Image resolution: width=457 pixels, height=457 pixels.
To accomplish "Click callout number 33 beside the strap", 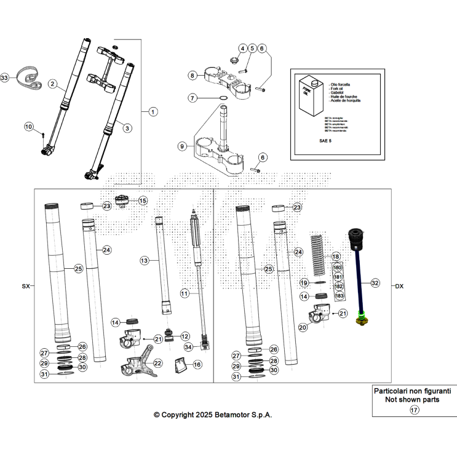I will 5,78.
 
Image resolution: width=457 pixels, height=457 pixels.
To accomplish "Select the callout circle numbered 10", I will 28,126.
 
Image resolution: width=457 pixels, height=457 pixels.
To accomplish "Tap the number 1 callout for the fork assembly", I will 153,111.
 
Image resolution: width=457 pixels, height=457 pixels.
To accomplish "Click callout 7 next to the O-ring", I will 193,98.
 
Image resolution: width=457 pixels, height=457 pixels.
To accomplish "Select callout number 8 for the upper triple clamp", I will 193,75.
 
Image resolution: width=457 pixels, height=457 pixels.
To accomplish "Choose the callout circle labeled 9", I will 182,146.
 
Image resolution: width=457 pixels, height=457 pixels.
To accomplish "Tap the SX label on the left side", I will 25,286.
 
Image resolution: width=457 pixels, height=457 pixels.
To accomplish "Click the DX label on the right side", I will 399,286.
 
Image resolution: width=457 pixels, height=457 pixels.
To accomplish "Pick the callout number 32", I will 375,283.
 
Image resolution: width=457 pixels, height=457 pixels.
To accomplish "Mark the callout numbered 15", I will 143,201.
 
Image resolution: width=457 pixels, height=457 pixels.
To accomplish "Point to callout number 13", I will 144,261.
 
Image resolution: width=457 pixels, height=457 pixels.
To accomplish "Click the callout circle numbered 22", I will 157,364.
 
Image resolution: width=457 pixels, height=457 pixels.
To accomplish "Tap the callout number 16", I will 197,365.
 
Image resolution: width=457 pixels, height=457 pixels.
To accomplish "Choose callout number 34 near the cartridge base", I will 188,348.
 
